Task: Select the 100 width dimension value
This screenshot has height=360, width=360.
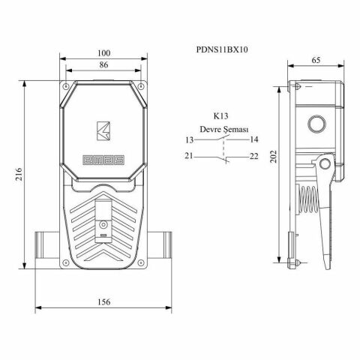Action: (x=103, y=52)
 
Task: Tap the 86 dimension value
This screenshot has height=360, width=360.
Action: (x=103, y=66)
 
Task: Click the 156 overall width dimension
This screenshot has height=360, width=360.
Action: (x=103, y=301)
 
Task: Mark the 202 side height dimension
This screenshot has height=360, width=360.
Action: (x=274, y=156)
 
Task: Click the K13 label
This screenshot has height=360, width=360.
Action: (x=220, y=116)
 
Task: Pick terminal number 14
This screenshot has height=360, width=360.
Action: (x=254, y=139)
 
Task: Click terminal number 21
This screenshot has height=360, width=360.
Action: (x=189, y=156)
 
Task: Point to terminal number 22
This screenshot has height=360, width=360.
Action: (x=254, y=156)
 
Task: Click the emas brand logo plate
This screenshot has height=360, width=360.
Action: (x=103, y=158)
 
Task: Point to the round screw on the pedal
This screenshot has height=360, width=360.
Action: (x=103, y=224)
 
